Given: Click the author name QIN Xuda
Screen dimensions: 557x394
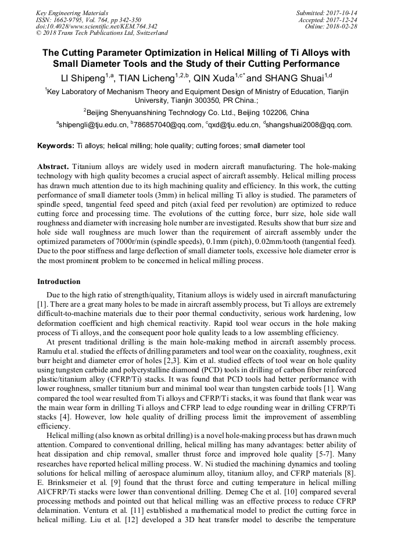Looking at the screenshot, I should tap(213, 77).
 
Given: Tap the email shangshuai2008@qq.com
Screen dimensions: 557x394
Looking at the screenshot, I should tap(309, 124).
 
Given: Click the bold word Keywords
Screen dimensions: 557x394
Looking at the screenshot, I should tap(56, 146).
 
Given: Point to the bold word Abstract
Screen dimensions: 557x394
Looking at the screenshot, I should tap(53, 167).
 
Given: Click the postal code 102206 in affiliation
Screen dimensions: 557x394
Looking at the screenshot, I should tap(274, 113).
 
